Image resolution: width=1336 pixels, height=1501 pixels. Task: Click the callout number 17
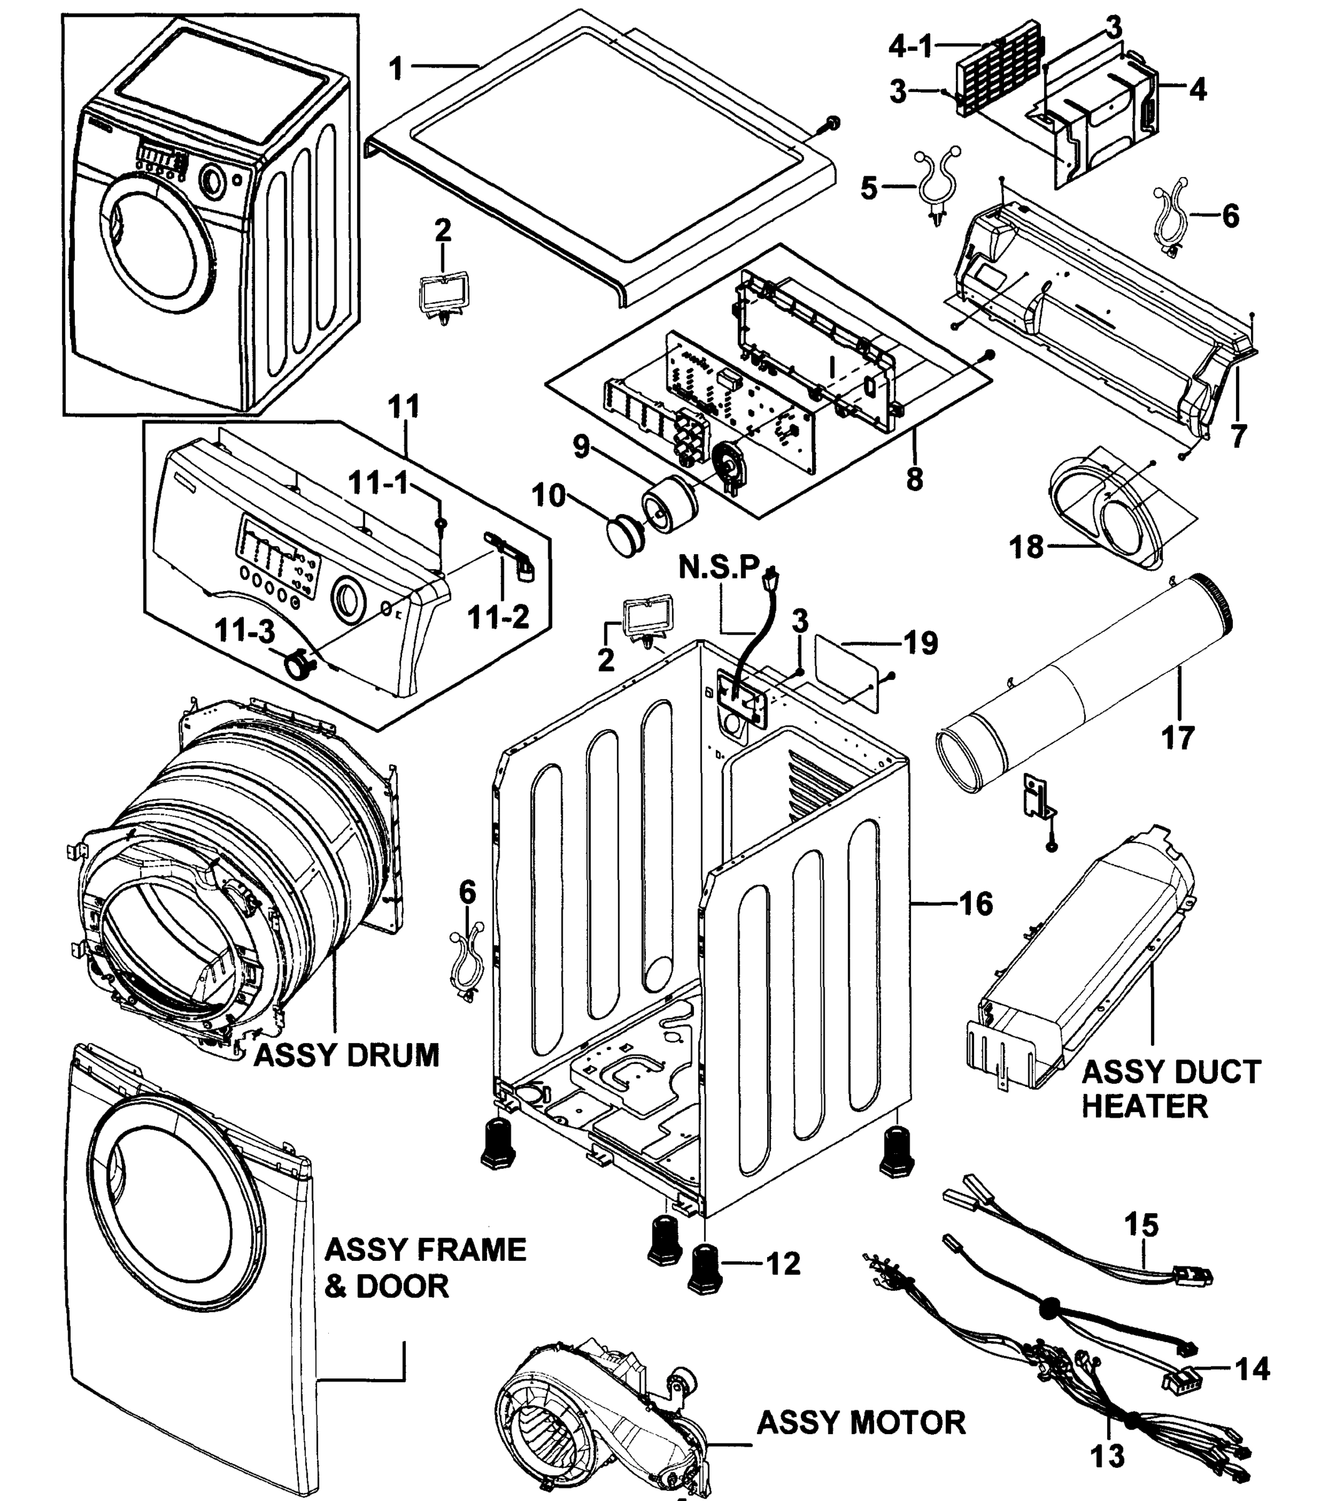coord(1177,737)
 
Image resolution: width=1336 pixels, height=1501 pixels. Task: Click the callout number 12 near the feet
coord(783,1264)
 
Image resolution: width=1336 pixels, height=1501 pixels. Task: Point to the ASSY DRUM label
coord(346,1055)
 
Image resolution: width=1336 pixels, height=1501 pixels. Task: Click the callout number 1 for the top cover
coord(396,68)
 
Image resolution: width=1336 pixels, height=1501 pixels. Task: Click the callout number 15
coord(1142,1225)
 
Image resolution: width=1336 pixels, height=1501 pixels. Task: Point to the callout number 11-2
coord(498,617)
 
